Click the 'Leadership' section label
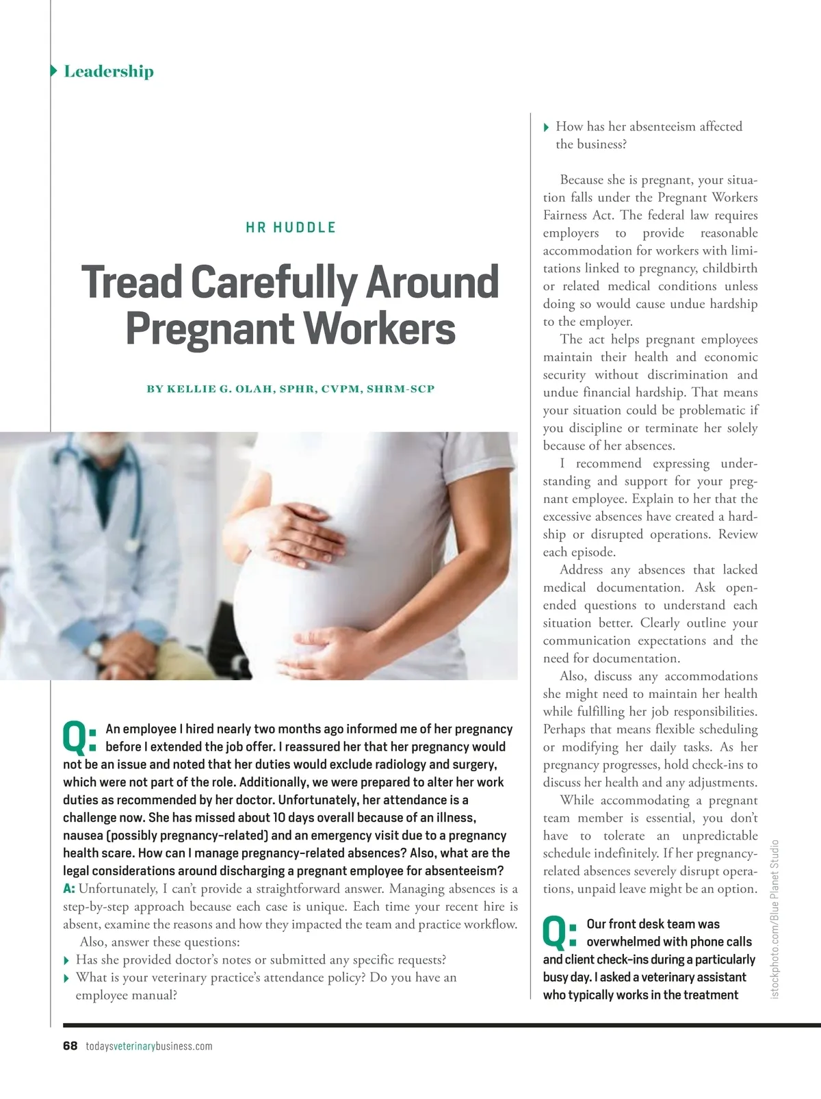(x=108, y=71)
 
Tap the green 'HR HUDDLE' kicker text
(x=291, y=227)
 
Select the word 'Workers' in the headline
(x=379, y=328)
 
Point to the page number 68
(x=70, y=1046)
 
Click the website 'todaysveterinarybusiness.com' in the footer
(x=149, y=1046)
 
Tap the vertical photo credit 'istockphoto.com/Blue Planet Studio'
(x=774, y=918)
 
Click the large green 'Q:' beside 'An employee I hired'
(x=80, y=736)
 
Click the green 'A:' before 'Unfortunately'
(x=69, y=889)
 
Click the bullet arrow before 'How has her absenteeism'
(x=546, y=127)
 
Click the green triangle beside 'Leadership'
(x=54, y=71)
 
